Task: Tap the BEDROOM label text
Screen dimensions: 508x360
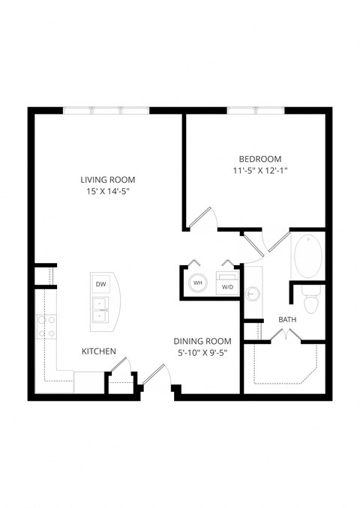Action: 259,159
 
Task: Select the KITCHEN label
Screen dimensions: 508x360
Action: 98,351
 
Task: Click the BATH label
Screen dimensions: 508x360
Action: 287,320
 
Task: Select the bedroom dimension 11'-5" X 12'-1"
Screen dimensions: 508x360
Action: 259,171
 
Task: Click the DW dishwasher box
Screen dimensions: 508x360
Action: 100,283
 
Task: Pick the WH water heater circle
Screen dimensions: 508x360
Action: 197,282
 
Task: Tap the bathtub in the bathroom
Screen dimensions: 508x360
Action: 307,257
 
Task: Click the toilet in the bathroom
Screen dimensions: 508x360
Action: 311,302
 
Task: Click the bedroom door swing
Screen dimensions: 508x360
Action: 204,217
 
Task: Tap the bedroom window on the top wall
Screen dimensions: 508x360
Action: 255,111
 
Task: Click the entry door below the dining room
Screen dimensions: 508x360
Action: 153,375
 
